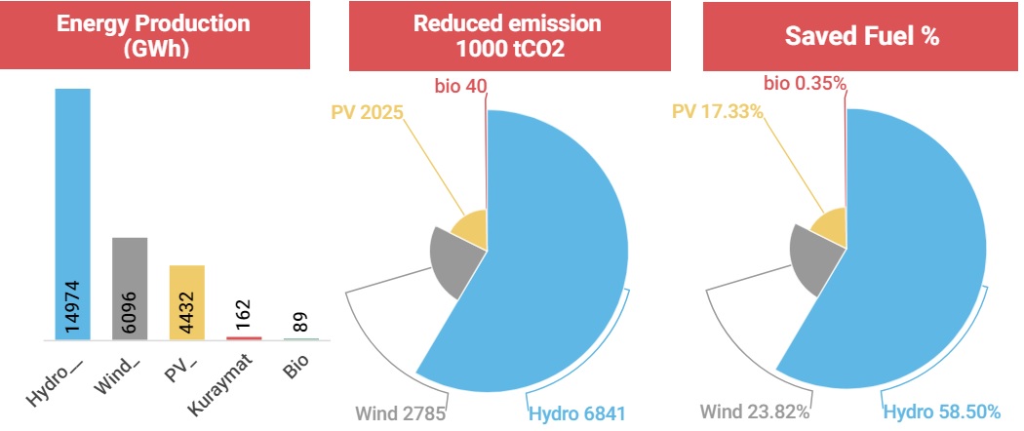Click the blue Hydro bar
72,215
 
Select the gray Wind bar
130,289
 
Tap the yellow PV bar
187,302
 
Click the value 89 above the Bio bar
301,322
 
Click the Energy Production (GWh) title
153,35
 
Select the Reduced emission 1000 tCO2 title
509,35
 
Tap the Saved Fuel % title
862,36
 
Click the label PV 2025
367,112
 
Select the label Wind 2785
400,413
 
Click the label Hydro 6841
577,413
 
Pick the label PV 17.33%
718,112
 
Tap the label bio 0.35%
805,84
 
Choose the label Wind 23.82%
755,412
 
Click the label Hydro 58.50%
942,412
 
